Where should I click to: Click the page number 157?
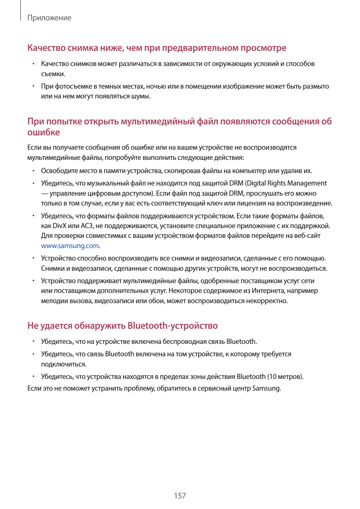pyautogui.click(x=180, y=496)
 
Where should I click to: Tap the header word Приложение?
pyautogui.click(x=49, y=18)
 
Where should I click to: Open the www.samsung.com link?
pyautogui.click(x=70, y=246)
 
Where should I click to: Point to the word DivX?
pyautogui.click(x=59, y=226)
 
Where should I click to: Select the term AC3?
pyautogui.click(x=87, y=226)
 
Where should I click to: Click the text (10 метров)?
pyautogui.click(x=285, y=377)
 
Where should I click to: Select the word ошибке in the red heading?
pyautogui.click(x=43, y=132)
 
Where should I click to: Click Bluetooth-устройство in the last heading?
pyautogui.click(x=173, y=326)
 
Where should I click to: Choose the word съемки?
pyautogui.click(x=53, y=74)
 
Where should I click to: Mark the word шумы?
pyautogui.click(x=142, y=96)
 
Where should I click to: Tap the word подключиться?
pyautogui.click(x=64, y=364)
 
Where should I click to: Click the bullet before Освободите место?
pyautogui.click(x=33, y=171)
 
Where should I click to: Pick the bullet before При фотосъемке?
pyautogui.click(x=33, y=86)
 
